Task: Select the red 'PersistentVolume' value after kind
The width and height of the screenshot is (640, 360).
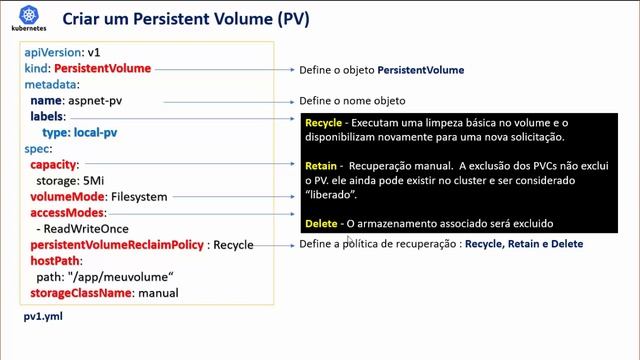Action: click(102, 69)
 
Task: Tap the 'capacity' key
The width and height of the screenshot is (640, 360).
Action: click(53, 164)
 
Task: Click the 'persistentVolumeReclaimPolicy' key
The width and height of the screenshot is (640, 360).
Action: click(116, 245)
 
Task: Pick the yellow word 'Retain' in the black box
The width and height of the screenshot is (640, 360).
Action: click(321, 164)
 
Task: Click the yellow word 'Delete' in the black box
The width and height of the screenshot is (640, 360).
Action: click(321, 223)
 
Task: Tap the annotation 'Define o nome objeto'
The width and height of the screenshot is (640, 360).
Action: click(352, 102)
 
